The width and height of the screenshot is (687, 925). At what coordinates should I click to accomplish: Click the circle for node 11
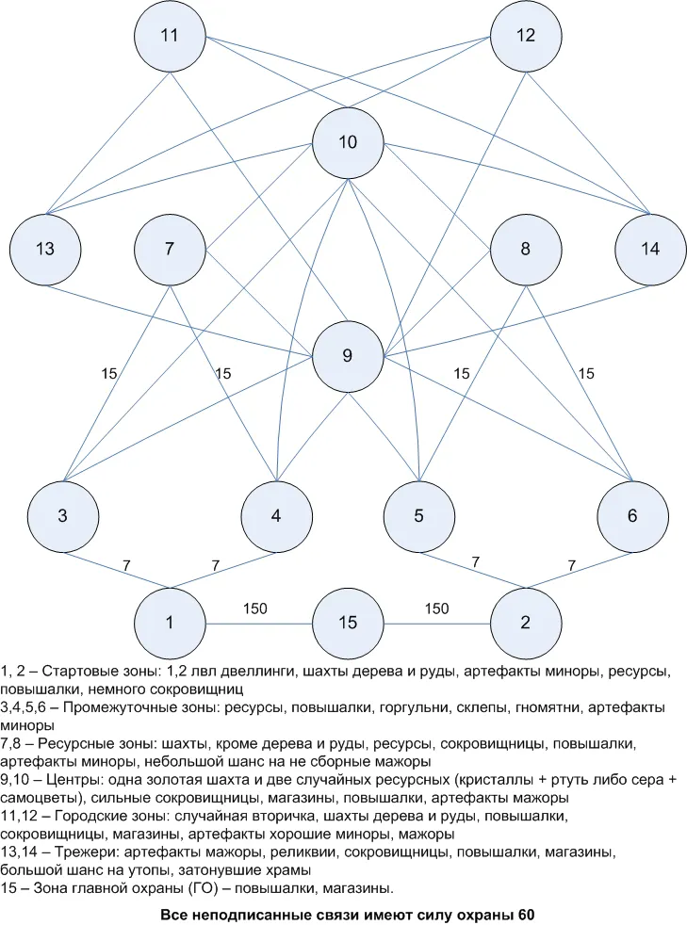[170, 36]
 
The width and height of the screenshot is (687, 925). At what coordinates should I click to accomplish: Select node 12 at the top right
[525, 36]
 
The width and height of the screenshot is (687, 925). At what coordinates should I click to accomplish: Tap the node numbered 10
[348, 142]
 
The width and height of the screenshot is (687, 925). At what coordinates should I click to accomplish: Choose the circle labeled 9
[348, 356]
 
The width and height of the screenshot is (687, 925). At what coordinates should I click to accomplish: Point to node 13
[45, 249]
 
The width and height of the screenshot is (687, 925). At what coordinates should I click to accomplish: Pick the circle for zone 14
[650, 249]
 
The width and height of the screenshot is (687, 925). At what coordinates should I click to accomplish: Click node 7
[170, 249]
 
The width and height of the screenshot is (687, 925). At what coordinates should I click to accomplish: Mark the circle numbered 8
[525, 249]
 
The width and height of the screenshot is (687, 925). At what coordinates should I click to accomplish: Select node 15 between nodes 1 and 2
[348, 623]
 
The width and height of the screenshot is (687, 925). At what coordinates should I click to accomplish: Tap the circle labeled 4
[276, 516]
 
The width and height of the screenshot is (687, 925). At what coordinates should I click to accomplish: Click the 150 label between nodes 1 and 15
[255, 609]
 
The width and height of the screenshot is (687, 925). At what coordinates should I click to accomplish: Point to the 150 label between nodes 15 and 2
[436, 609]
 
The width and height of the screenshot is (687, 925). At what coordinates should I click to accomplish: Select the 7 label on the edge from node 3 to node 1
[126, 566]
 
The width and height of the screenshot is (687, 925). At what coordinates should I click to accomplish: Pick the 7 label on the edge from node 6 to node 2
[571, 566]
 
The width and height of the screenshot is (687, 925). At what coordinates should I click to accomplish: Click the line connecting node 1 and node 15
[258, 624]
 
